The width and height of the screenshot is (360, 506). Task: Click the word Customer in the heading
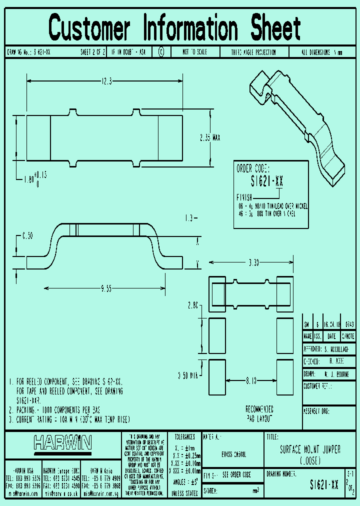coord(90,28)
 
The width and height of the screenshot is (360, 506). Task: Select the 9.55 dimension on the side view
coord(106,288)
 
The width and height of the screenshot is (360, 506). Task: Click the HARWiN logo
coord(62,442)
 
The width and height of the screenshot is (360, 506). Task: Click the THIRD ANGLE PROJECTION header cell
coord(253,52)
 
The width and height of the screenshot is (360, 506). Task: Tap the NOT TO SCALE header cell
coord(194,52)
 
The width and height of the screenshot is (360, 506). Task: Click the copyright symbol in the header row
coord(161,52)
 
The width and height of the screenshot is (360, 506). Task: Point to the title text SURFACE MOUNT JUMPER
coord(310,450)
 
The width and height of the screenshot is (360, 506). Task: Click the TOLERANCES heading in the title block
coord(184,436)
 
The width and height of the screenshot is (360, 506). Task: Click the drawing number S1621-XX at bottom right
coord(324,485)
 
